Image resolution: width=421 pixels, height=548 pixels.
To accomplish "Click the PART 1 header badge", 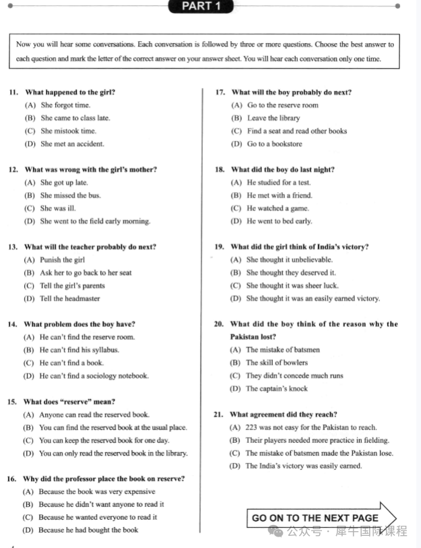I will point(201,7).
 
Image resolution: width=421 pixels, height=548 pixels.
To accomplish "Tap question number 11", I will point(13,92).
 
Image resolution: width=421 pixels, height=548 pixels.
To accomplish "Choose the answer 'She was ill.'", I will point(58,208).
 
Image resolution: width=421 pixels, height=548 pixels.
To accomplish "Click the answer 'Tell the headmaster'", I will point(69,299).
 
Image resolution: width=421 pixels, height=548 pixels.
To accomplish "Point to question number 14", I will point(13,324).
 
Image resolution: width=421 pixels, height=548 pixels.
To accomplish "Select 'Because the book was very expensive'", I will point(96,491).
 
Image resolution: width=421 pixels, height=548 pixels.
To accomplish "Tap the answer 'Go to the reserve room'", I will point(282,105).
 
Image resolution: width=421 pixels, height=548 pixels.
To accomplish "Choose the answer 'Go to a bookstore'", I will point(274,144).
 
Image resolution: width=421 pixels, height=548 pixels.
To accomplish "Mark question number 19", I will point(219,247).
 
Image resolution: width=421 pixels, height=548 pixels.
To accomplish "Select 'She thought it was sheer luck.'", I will point(292,285).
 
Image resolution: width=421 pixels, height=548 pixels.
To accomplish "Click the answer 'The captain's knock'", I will point(276,388).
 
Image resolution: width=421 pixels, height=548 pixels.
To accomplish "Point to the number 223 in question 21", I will point(253,427).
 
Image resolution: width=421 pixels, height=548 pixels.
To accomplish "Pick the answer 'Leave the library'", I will point(273,118).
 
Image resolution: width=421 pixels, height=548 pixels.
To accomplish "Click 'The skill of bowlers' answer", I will point(277,363).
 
